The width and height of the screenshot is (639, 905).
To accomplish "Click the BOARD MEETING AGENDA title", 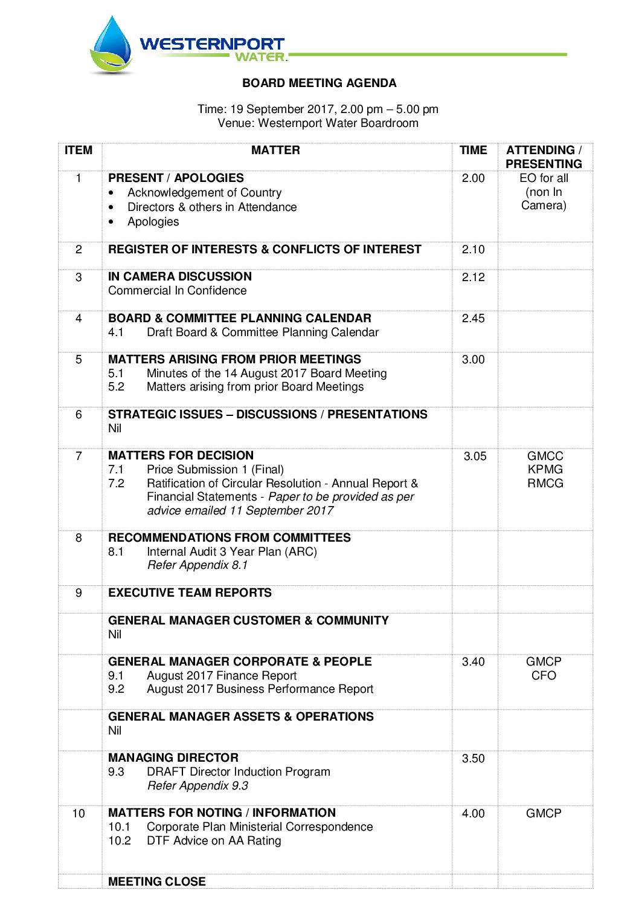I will coord(319,83).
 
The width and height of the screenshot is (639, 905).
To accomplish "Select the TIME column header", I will coord(473,151).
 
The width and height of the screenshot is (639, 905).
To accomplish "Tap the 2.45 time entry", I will coord(473,319).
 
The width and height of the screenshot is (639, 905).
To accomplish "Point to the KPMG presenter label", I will coord(545,470).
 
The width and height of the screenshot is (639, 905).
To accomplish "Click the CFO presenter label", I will coord(544,676).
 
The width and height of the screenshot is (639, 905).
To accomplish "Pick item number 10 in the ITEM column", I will coord(79,814).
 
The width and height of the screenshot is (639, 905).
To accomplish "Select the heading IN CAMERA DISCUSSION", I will coord(180,277).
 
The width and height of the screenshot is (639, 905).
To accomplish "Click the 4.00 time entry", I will coord(473,814).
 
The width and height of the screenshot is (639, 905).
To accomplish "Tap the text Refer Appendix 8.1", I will coord(197,565).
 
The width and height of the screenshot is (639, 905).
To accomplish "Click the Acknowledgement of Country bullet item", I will coord(204,193).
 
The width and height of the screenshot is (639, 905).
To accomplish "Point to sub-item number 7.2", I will coord(116,484).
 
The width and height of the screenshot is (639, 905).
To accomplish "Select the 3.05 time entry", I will coord(475,456).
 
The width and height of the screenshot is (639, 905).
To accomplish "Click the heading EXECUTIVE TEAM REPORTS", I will coord(190,593).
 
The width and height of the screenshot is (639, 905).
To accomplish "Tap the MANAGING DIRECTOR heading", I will coord(173,758).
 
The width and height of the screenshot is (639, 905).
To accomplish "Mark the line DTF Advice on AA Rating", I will coord(214,841).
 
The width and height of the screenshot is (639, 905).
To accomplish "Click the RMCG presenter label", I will coord(545,484).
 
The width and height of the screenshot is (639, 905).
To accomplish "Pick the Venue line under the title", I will coord(318,123).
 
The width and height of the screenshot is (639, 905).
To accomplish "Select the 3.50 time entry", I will coord(473,759).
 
